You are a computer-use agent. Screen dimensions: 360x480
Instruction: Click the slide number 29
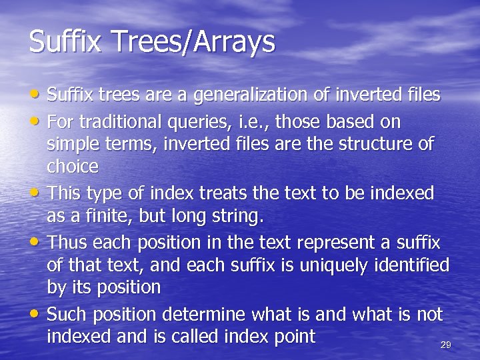(x=446, y=345)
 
